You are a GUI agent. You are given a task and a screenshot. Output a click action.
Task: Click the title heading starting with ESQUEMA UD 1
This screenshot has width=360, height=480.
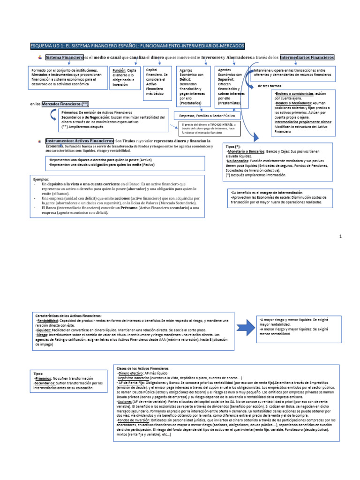pyautogui.click(x=137, y=46)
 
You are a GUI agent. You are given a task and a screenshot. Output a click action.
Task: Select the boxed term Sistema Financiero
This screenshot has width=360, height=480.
pyautogui.click(x=64, y=57)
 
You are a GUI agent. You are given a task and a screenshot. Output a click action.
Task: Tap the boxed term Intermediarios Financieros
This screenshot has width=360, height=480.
pyautogui.click(x=307, y=57)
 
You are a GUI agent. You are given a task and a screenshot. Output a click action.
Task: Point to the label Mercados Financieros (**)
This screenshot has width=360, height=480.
pyautogui.click(x=65, y=104)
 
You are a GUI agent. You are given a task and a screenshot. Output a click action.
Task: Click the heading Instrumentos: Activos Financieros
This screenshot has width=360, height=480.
pyautogui.click(x=80, y=141)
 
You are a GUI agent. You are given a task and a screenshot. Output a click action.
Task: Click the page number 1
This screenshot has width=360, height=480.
pyautogui.click(x=341, y=237)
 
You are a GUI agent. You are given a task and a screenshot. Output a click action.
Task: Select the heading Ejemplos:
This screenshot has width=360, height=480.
pyautogui.click(x=41, y=179)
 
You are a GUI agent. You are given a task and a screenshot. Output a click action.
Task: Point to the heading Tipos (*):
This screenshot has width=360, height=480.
pyautogui.click(x=233, y=147)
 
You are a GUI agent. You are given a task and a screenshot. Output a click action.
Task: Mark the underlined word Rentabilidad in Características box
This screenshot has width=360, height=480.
pyautogui.click(x=48, y=321)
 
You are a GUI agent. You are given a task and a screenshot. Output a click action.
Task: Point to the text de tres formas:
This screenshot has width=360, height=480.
pyautogui.click(x=270, y=86)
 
